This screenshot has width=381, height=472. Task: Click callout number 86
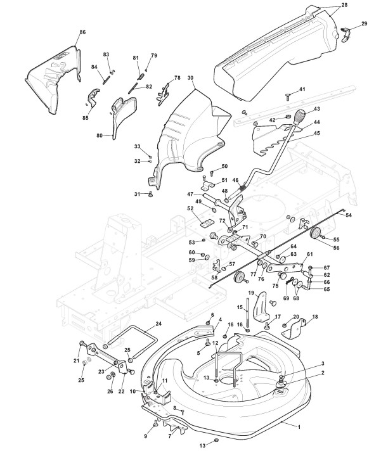coord(82,32)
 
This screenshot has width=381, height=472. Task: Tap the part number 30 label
coord(190,78)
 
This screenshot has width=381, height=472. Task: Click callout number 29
coord(364,23)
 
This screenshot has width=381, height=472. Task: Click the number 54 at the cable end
coord(349,215)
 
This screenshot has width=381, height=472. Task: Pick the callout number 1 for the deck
coord(299,426)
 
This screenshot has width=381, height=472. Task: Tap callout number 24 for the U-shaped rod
coord(158,324)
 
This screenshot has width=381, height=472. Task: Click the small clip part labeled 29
coord(345,33)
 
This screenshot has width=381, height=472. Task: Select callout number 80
coord(100,136)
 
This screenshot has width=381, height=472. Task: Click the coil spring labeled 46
coord(243,190)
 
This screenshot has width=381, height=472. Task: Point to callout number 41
coord(302,89)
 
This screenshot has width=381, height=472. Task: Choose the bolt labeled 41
coord(287,97)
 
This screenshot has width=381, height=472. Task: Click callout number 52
coord(190,208)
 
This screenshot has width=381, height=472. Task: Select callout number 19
coord(251,293)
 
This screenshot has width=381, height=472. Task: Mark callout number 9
coord(145,436)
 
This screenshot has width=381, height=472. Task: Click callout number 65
coord(326,289)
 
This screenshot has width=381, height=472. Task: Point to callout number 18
coord(314,317)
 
